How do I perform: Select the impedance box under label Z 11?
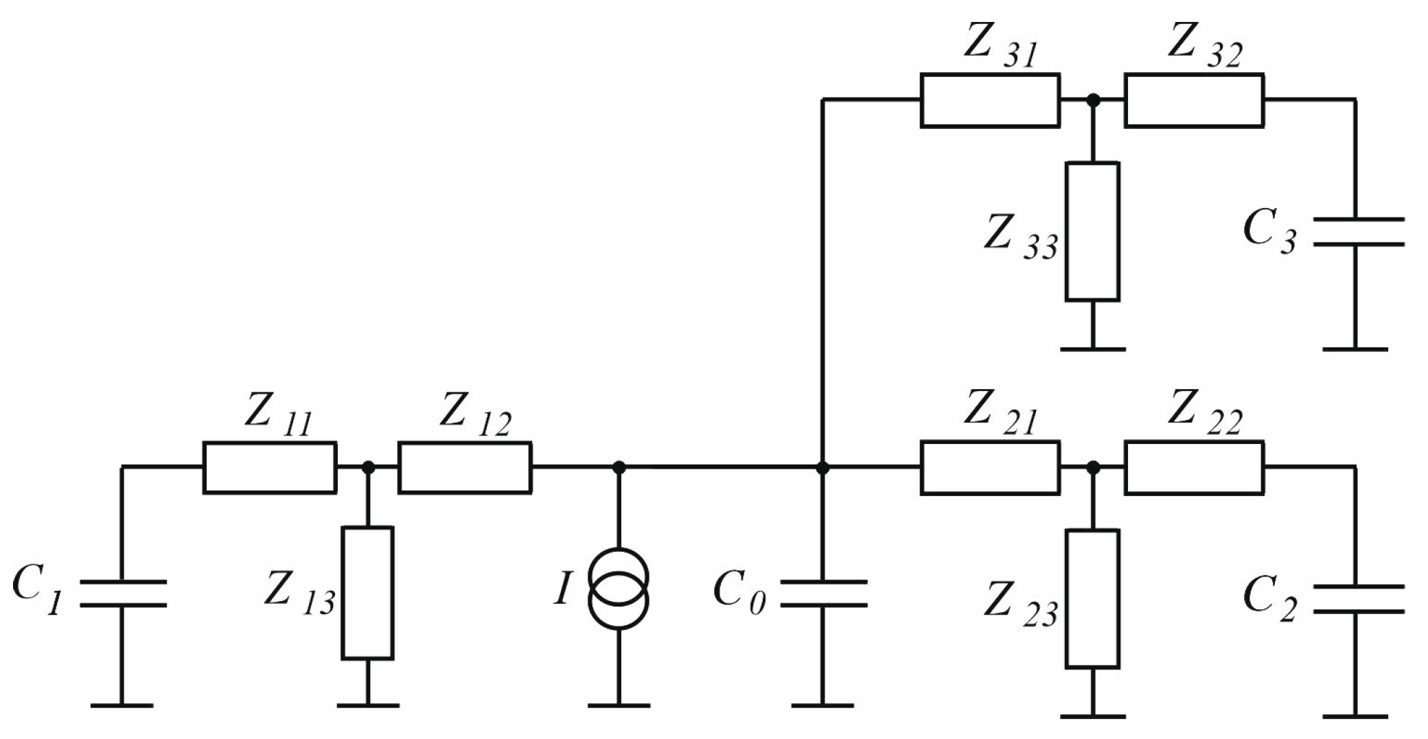(270, 468)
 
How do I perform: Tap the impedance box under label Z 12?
(465, 468)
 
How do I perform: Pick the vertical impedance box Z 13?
(368, 594)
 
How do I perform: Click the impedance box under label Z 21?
(989, 468)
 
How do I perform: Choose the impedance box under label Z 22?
(1194, 468)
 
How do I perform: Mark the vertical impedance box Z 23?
(1092, 598)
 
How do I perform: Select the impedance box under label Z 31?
(989, 101)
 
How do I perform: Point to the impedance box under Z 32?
(1194, 101)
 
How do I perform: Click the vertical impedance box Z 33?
(1092, 231)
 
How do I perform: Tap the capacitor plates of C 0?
(823, 594)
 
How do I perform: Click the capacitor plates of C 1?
(122, 594)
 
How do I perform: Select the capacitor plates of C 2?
(1356, 598)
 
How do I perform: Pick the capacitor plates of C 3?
(1356, 231)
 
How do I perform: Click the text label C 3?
(1270, 233)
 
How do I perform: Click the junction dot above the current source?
(619, 467)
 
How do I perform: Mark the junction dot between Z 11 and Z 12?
(368, 467)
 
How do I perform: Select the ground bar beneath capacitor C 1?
(122, 705)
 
